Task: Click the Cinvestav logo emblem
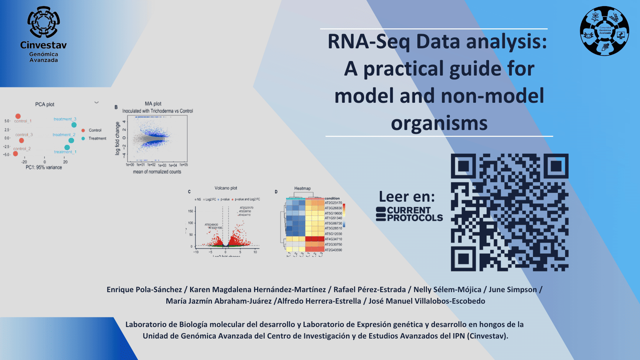coord(43,22)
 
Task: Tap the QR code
coord(509,212)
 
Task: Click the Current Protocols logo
coord(409,214)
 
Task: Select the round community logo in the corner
coord(604,31)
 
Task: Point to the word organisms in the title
coord(439,123)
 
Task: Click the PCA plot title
coord(45,104)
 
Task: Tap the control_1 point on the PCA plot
coord(18,116)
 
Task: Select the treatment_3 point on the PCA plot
coord(74,125)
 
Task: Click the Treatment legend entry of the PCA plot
coord(97,138)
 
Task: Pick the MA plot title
coord(153,104)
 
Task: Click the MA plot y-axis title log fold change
coord(118,138)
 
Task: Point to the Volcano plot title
coord(226,188)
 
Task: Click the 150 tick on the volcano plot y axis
coord(190,211)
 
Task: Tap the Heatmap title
coord(302,188)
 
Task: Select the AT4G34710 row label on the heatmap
coord(333,239)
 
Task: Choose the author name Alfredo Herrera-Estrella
coord(319,301)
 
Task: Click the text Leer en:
coord(407,196)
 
